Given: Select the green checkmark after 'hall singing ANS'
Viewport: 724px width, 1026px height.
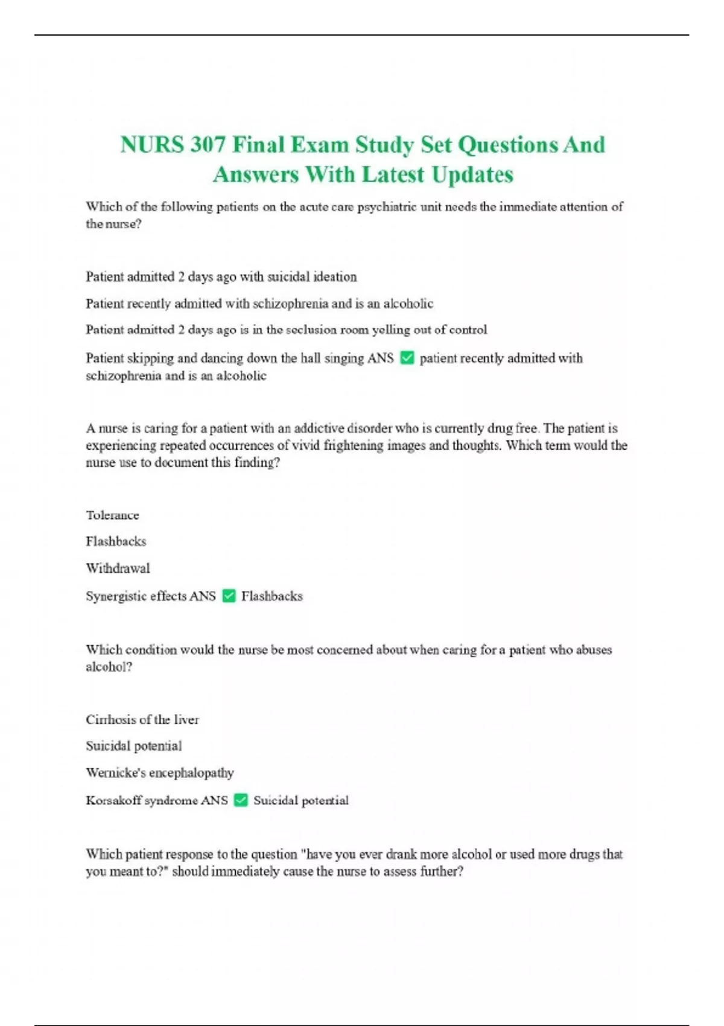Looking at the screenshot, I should click(407, 358).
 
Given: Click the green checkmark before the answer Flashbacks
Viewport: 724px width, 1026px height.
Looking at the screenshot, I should click(229, 596).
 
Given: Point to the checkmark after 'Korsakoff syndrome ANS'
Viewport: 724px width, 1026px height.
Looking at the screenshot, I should click(241, 800).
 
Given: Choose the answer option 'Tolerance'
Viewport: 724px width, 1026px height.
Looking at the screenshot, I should click(112, 515).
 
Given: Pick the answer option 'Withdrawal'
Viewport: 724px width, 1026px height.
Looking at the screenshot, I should click(118, 568).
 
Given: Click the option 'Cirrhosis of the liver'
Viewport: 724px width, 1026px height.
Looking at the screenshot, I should click(142, 719).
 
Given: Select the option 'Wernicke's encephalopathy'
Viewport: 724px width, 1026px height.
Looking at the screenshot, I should click(159, 773).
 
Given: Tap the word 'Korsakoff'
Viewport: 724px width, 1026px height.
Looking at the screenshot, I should click(113, 800).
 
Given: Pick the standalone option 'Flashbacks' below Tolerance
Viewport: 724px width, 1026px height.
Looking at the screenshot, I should click(116, 541).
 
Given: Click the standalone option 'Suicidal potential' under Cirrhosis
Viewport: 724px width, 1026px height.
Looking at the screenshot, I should click(133, 746).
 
